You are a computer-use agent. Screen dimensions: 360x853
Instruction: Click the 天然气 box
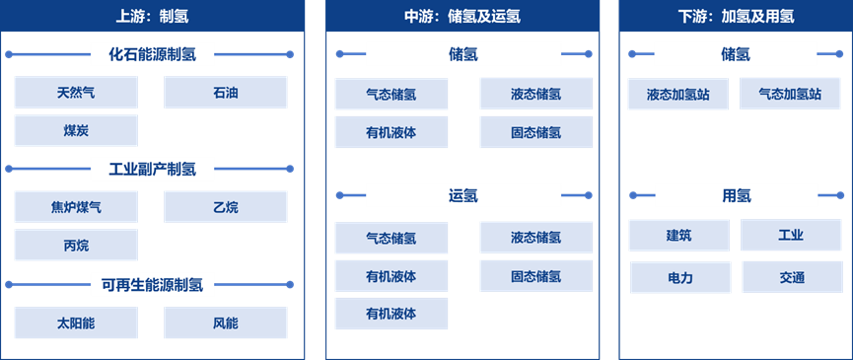pyautogui.click(x=76, y=93)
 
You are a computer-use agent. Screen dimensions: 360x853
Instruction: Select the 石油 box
pyautogui.click(x=226, y=93)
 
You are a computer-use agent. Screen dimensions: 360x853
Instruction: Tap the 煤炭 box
pyautogui.click(x=76, y=130)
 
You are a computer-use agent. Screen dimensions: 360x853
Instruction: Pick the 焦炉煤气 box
pyautogui.click(x=76, y=207)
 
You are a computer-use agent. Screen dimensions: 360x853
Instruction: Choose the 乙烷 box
pyautogui.click(x=226, y=207)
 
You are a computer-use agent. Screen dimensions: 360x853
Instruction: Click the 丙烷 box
pyautogui.click(x=76, y=245)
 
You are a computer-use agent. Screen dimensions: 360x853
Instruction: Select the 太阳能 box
pyautogui.click(x=76, y=323)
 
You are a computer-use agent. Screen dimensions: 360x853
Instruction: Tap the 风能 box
pyautogui.click(x=226, y=323)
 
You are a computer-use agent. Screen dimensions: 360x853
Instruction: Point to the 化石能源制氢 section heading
pyautogui.click(x=152, y=54)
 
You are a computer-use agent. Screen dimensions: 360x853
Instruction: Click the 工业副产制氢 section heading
pyautogui.click(x=152, y=170)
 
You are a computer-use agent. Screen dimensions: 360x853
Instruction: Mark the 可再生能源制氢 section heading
pyautogui.click(x=152, y=285)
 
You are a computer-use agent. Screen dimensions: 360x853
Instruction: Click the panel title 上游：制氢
pyautogui.click(x=152, y=16)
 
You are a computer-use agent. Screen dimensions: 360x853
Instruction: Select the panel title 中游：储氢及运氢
pyautogui.click(x=462, y=16)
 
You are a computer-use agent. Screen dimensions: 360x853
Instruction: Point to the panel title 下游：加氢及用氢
pyautogui.click(x=736, y=16)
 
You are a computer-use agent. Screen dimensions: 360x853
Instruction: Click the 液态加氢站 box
pyautogui.click(x=678, y=94)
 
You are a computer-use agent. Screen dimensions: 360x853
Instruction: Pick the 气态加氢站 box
pyautogui.click(x=790, y=94)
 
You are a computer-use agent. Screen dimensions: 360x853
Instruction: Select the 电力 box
pyautogui.click(x=679, y=278)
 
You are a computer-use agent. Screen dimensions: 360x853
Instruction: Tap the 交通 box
pyautogui.click(x=791, y=278)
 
